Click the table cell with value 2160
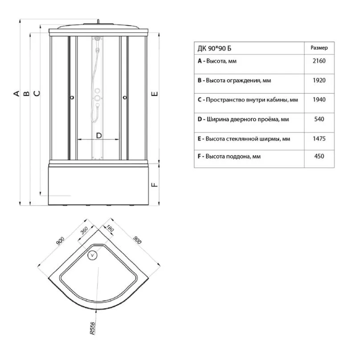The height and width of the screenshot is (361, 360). coord(319,61)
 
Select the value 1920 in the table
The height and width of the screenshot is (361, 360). coord(319,81)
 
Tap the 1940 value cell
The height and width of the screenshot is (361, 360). coord(319,100)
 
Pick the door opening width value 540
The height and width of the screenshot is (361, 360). coord(319,119)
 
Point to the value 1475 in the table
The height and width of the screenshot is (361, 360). coord(319,138)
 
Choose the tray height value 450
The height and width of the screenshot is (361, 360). coord(319,156)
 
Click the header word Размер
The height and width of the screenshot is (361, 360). coord(319,48)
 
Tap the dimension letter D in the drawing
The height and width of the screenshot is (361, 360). coord(99,136)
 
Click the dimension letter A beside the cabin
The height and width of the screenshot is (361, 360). coord(16,93)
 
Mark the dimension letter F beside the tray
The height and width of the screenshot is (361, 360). coord(155,185)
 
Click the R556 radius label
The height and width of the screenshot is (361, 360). coord(92,328)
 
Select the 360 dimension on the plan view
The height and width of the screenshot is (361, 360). coord(84,230)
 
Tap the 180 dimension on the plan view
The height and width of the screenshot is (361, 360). coord(110,228)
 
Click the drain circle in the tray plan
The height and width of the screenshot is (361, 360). coord(93,255)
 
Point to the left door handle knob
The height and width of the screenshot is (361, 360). coord(72,97)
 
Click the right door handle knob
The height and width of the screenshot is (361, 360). coord(125,97)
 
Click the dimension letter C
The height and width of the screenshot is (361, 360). coord(37,93)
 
